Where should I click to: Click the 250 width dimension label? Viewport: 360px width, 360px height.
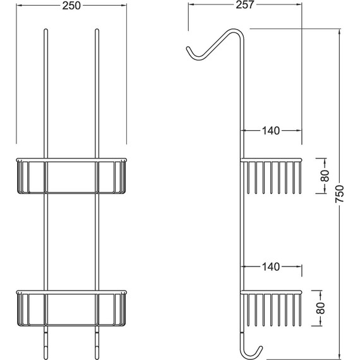click(71, 6)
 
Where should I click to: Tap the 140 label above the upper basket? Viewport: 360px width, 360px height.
click(271, 131)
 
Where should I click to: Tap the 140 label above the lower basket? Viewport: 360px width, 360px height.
click(271, 267)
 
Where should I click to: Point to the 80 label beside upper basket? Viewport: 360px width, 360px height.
click(324, 176)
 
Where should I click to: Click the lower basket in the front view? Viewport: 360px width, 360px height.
click(71, 310)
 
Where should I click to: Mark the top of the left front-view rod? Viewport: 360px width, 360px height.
click(45, 30)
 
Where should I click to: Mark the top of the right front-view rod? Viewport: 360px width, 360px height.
click(97, 30)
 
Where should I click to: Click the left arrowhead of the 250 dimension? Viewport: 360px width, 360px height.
click(17, 6)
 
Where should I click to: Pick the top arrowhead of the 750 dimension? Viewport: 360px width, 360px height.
click(340, 31)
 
